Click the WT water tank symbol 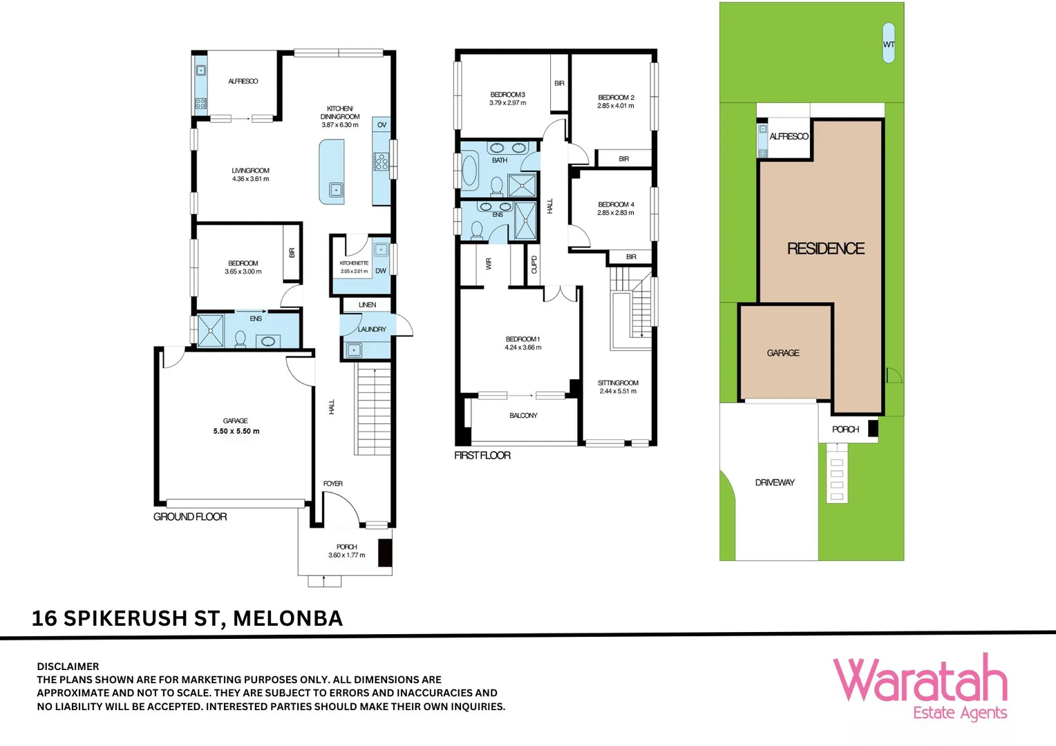click(x=888, y=43)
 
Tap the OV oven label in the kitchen click(x=382, y=125)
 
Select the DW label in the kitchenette click(x=381, y=271)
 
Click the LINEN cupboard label click(x=367, y=305)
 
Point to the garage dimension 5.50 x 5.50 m click(x=236, y=431)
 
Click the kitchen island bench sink click(x=336, y=190)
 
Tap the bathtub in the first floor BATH click(x=469, y=170)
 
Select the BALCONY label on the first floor click(x=523, y=416)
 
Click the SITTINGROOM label click(x=618, y=383)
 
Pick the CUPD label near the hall click(x=534, y=265)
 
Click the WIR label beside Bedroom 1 click(x=489, y=263)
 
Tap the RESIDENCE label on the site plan click(x=826, y=249)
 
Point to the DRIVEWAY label click(x=775, y=483)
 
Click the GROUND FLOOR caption click(x=190, y=517)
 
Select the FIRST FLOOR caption click(x=482, y=455)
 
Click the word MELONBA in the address click(x=288, y=619)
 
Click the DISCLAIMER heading click(x=68, y=667)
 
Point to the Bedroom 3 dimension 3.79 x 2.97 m click(x=508, y=103)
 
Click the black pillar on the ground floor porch click(x=386, y=553)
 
